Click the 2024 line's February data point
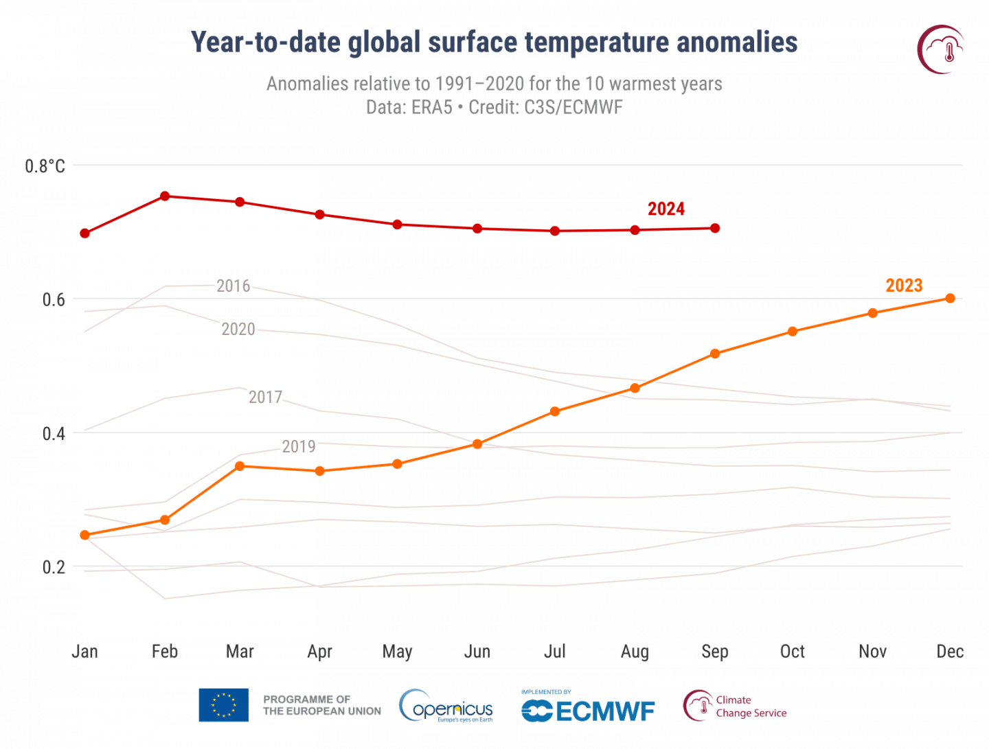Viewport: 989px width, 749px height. pyautogui.click(x=165, y=196)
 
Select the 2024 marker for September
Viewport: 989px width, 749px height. pyautogui.click(x=715, y=228)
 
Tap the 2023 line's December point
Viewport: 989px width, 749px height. pyautogui.click(x=951, y=298)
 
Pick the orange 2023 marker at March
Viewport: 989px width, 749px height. pyautogui.click(x=240, y=466)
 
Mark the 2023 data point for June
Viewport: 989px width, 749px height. pyautogui.click(x=477, y=444)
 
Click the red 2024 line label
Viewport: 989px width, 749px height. pyautogui.click(x=666, y=209)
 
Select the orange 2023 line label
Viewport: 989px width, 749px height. pyautogui.click(x=904, y=286)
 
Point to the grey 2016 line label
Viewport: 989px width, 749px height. pyautogui.click(x=233, y=286)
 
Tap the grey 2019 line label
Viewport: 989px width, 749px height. pyautogui.click(x=299, y=447)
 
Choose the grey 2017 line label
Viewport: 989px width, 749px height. pyautogui.click(x=265, y=397)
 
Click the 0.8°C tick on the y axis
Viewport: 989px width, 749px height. pyautogui.click(x=45, y=166)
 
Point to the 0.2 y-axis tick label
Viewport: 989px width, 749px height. pyautogui.click(x=54, y=567)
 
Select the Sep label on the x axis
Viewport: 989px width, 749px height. pyautogui.click(x=715, y=652)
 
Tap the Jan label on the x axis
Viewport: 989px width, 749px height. pyautogui.click(x=85, y=652)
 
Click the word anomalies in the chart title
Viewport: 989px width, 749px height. pyautogui.click(x=737, y=43)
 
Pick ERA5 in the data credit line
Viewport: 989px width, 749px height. pyautogui.click(x=431, y=108)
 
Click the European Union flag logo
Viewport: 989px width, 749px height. pyautogui.click(x=223, y=705)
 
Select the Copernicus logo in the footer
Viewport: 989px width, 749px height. pyautogui.click(x=446, y=706)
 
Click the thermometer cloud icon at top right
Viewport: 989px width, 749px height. pyautogui.click(x=941, y=49)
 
